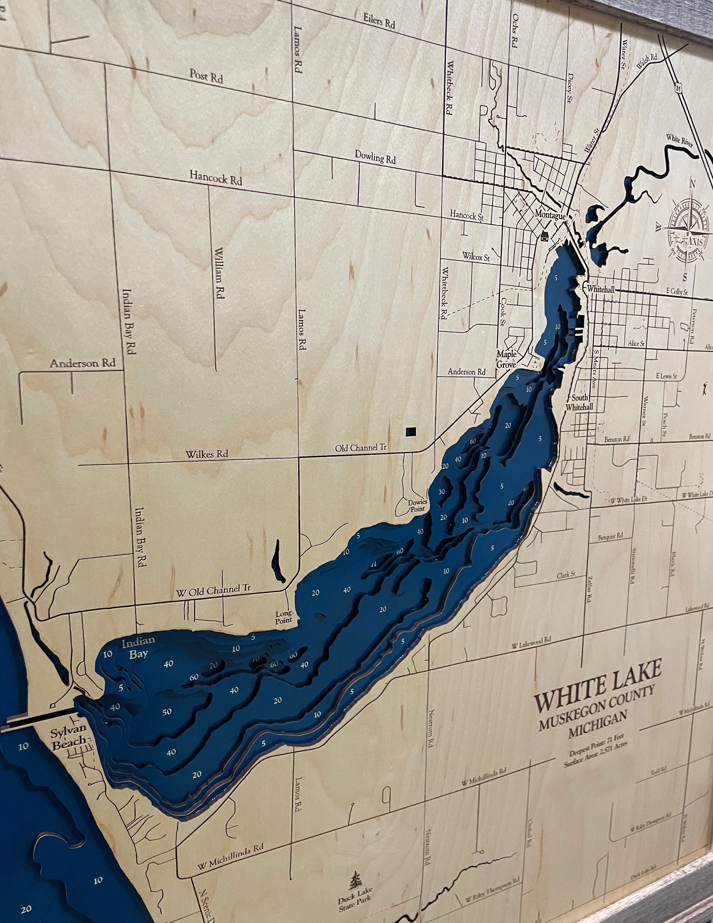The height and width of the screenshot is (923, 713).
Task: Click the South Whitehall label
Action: pos(582,403)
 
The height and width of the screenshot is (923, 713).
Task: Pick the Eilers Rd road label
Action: pos(379,21)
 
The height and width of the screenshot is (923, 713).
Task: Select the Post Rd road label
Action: pos(206,77)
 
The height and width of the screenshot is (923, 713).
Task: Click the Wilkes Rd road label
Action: pos(207,454)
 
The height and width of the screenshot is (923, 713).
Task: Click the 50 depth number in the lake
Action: pos(167,712)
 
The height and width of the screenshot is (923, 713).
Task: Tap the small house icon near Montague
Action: pos(544,235)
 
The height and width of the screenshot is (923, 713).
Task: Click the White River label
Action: pos(679,139)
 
